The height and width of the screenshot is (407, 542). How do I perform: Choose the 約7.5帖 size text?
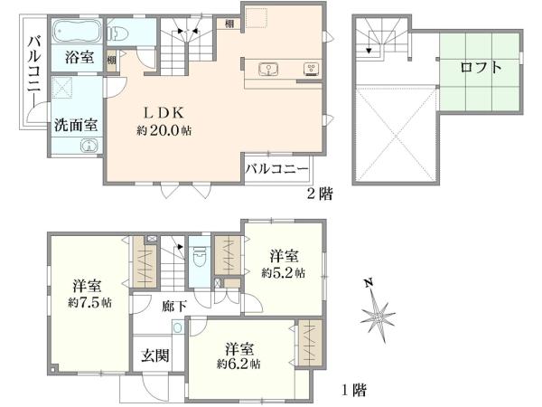89,301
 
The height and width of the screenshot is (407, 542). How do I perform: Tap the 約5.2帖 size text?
283,271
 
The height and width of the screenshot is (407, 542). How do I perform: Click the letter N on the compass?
369,282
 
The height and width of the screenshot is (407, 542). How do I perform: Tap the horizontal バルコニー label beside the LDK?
277,169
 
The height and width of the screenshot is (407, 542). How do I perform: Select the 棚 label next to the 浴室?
110,62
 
